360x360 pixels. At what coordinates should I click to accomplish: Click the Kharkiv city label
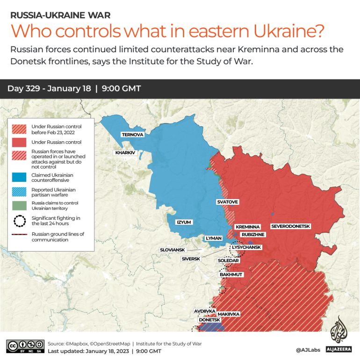(125, 153)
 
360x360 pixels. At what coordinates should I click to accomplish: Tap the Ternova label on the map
(132, 135)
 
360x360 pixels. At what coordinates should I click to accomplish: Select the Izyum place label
(184, 222)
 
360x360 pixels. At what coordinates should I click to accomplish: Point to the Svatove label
(227, 202)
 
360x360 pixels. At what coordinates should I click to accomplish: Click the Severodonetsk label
(290, 226)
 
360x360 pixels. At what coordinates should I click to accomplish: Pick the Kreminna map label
(247, 227)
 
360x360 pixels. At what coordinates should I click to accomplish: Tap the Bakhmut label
(231, 275)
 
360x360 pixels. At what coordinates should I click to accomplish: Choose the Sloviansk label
(173, 250)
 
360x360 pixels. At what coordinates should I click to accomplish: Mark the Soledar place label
(228, 260)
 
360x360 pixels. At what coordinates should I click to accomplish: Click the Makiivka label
(229, 314)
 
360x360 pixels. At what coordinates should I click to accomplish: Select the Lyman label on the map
(214, 238)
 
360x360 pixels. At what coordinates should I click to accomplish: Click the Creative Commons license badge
(25, 346)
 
